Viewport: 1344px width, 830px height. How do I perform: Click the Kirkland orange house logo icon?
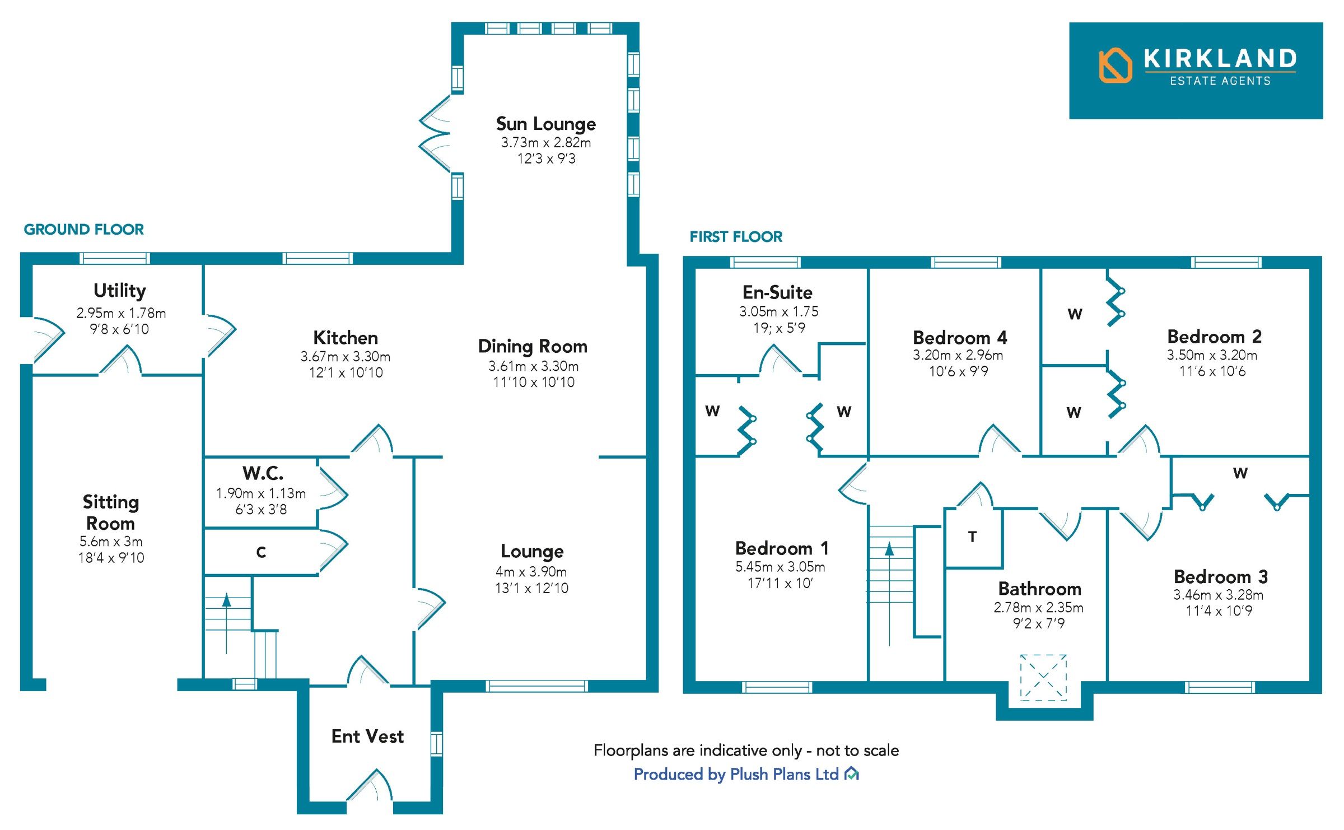tap(1115, 66)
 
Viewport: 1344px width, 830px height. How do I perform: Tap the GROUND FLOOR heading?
tap(83, 230)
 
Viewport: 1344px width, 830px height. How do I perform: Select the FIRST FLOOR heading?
tap(735, 237)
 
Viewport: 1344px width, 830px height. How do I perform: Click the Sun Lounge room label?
tap(545, 124)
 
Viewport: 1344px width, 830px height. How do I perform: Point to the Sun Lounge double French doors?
tap(436, 134)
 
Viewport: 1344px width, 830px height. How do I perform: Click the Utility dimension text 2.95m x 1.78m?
tap(121, 313)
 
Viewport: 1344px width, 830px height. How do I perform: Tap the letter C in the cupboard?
tap(261, 552)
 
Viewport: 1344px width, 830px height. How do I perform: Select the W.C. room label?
tap(263, 473)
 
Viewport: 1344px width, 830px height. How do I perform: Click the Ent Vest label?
tap(367, 736)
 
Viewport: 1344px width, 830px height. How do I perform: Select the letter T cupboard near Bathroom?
tap(972, 537)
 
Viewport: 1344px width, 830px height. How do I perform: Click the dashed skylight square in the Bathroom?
tap(1043, 677)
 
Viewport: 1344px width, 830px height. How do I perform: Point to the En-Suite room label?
tap(777, 292)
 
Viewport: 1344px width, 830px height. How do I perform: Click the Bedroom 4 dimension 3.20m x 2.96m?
tap(958, 355)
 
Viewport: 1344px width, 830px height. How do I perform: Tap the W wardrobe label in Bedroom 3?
tap(1240, 473)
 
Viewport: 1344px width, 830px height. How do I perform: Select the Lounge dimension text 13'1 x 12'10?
tap(531, 588)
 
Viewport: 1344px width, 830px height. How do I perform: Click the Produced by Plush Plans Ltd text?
tap(736, 775)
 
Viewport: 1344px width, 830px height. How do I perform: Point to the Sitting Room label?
tap(111, 512)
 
